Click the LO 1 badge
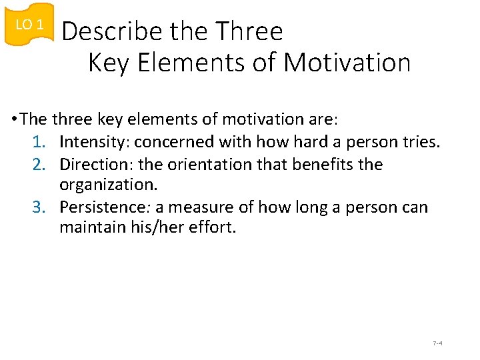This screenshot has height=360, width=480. click(29, 25)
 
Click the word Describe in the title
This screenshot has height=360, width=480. click(111, 31)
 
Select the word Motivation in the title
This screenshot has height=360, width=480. click(347, 63)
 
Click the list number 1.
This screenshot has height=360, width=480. click(40, 142)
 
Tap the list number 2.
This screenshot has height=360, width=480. click(40, 165)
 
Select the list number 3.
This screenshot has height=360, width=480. click(40, 207)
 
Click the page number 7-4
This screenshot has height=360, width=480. click(438, 343)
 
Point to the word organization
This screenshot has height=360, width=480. click(107, 185)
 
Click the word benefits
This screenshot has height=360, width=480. click(321, 165)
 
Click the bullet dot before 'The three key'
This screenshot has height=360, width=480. click(14, 120)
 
